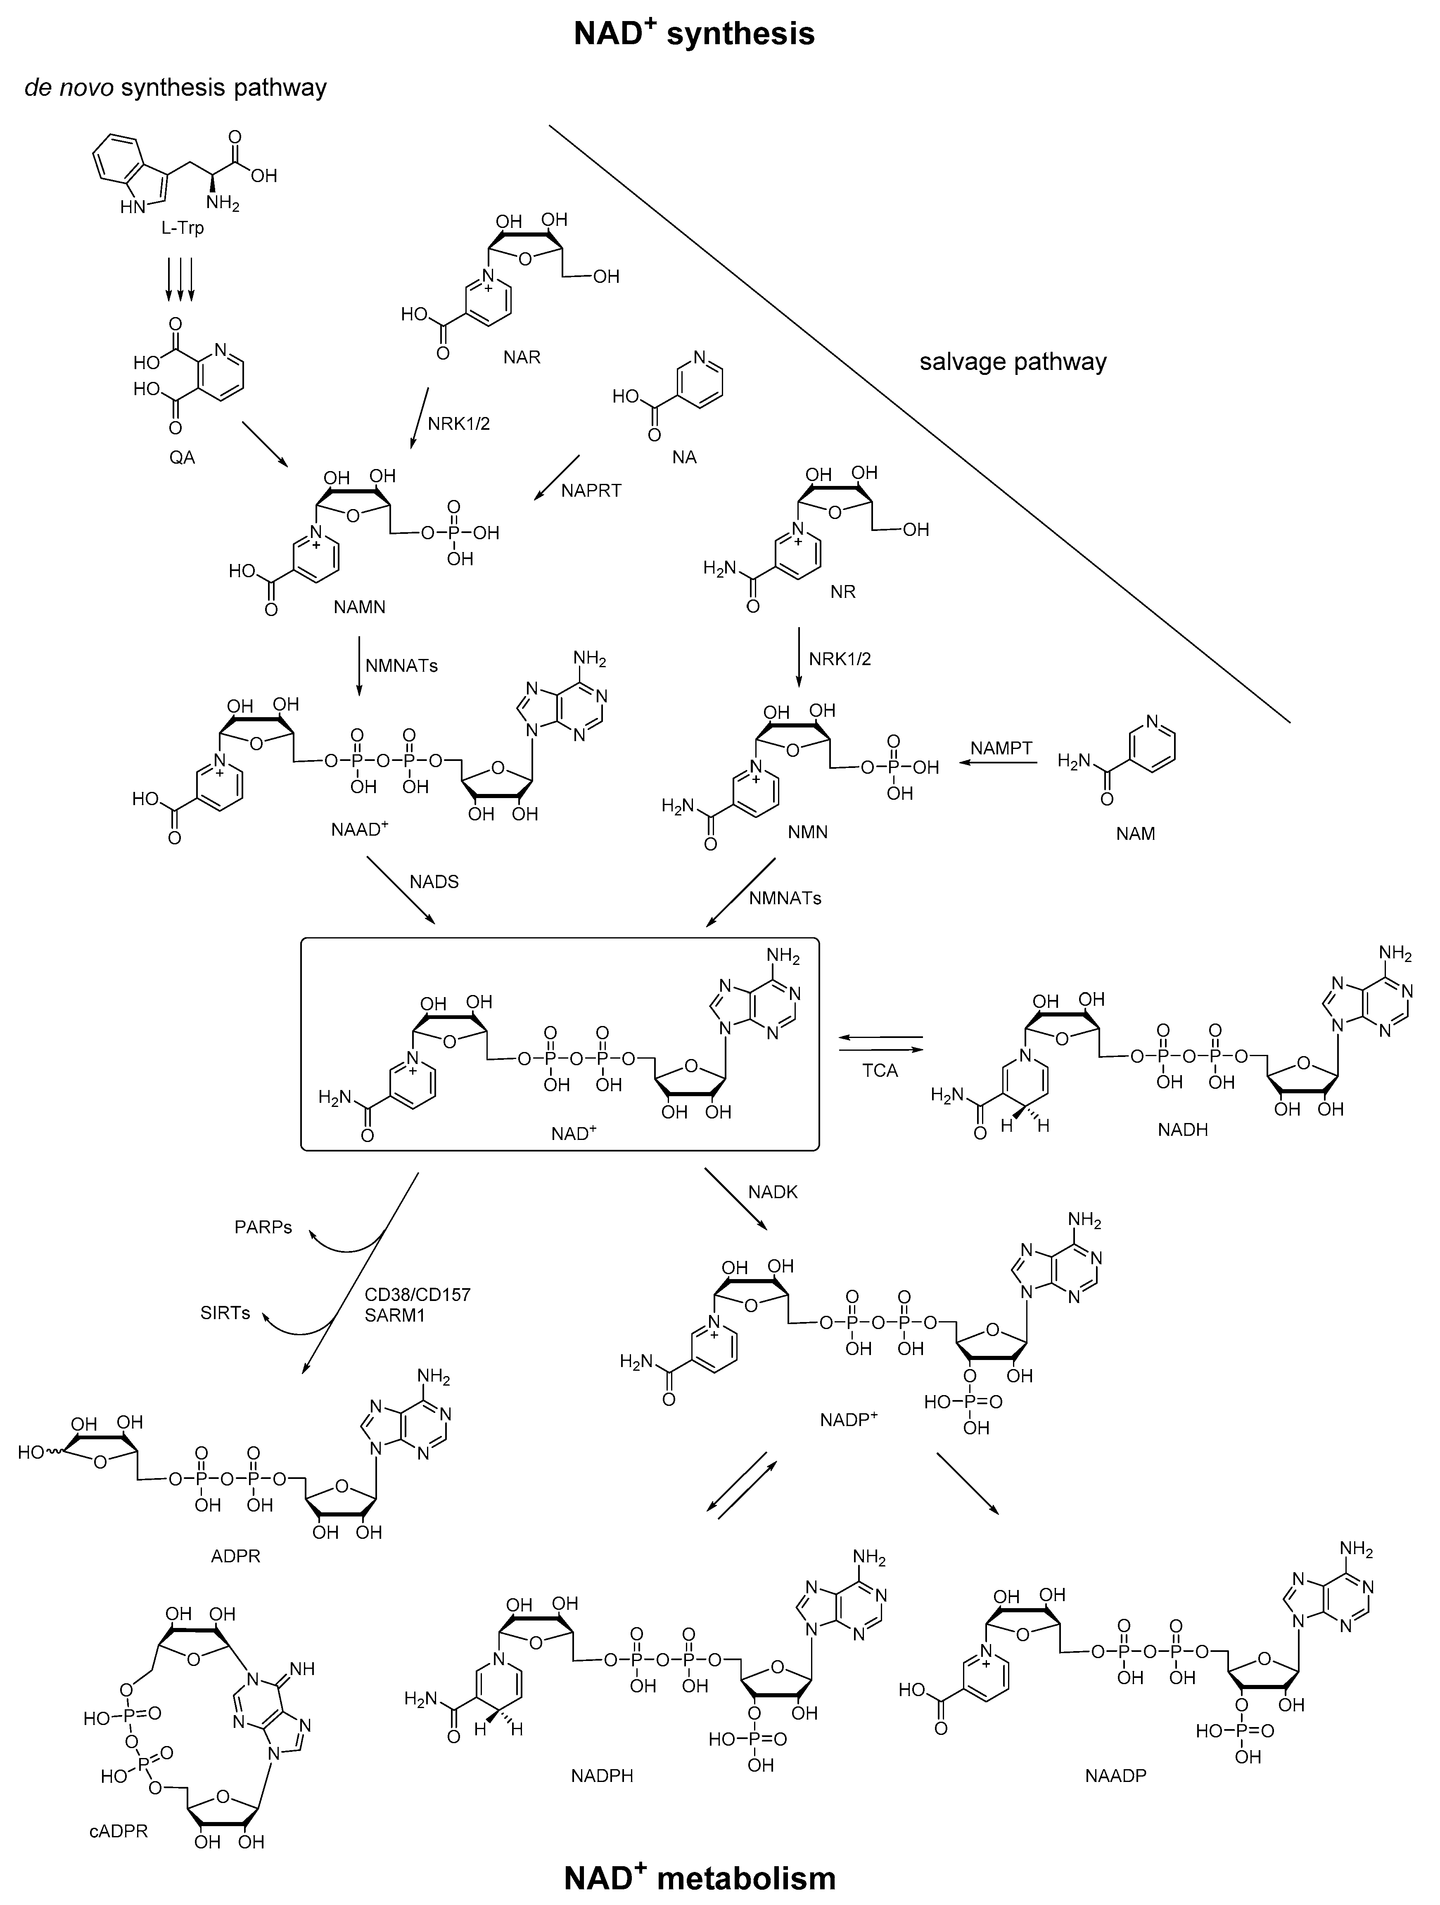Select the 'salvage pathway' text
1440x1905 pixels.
coord(1013,362)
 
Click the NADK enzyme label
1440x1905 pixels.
coord(773,1192)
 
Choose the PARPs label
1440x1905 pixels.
coord(263,1227)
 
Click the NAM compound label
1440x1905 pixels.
coord(1135,834)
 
